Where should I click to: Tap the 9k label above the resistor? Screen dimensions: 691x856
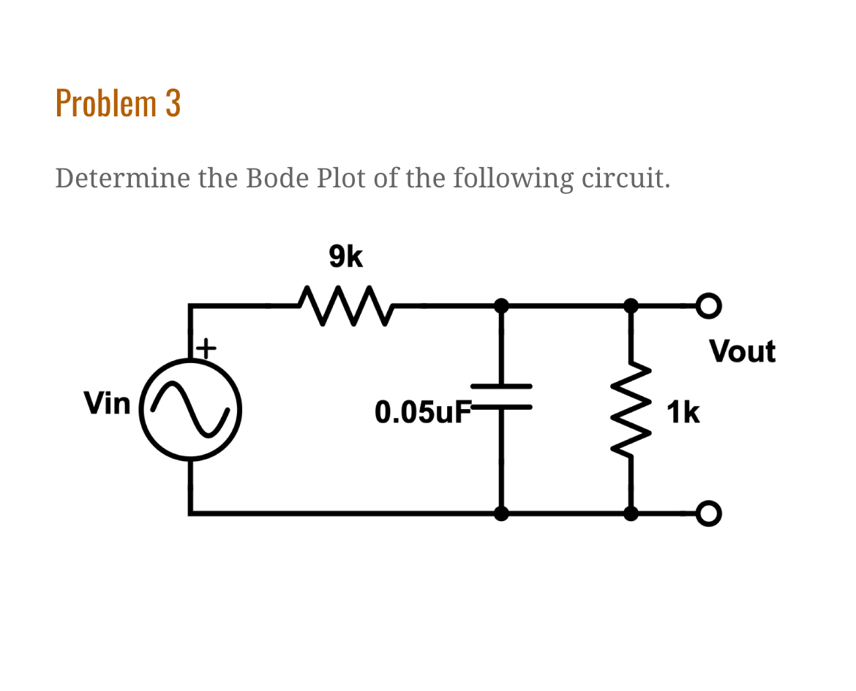[x=345, y=257]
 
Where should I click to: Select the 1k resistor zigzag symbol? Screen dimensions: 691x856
[x=630, y=409]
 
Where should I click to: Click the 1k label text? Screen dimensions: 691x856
[x=683, y=414]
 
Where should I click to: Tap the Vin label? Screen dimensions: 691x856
[x=107, y=403]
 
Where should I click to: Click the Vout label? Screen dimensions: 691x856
[x=742, y=351]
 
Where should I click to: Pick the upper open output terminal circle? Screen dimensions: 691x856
[x=709, y=305]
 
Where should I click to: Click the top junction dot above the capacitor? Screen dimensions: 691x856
[x=501, y=305]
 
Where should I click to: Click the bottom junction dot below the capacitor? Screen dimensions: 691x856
[x=501, y=513]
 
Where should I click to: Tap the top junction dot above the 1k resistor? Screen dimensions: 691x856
[x=630, y=305]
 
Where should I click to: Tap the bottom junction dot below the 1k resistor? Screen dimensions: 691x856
[x=630, y=513]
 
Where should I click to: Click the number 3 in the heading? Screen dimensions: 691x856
[x=173, y=103]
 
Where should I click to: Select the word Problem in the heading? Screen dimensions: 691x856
[x=106, y=103]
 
